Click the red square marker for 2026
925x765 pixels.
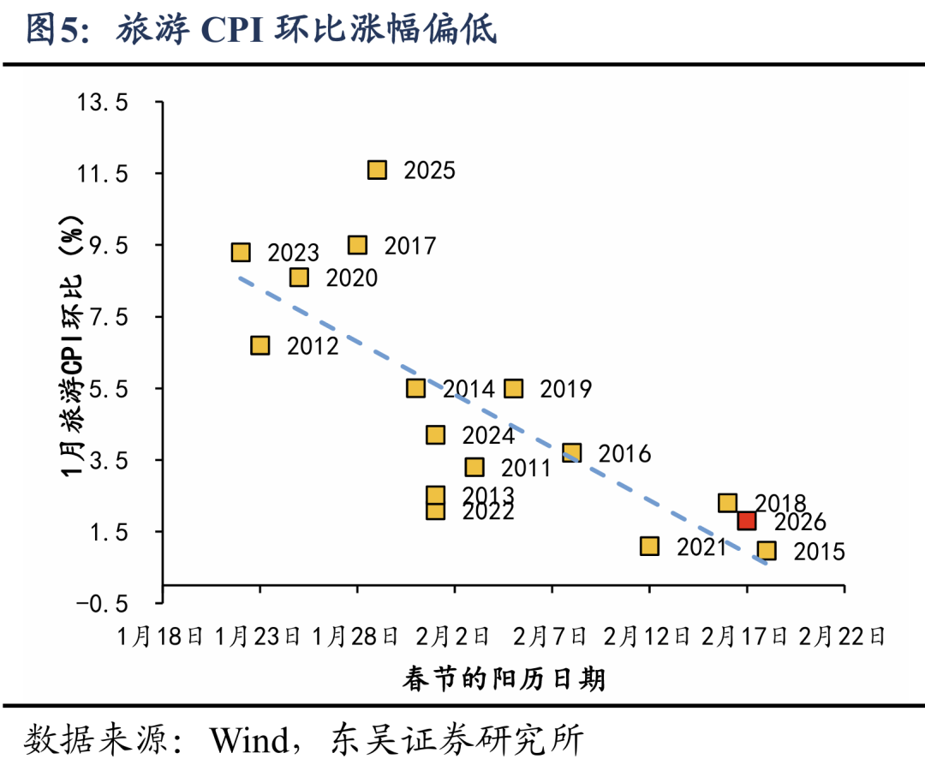747,520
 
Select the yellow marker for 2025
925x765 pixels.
377,170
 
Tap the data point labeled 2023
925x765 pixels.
241,252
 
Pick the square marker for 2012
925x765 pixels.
260,345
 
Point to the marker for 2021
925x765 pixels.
649,546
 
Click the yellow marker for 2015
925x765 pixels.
767,550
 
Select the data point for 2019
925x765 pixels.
514,388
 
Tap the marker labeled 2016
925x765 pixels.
572,452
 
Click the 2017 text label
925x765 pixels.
410,247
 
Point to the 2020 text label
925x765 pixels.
351,278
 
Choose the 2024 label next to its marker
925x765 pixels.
488,435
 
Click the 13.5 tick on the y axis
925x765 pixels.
103,103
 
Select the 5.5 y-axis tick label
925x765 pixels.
109,389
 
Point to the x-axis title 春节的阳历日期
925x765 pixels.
504,680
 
